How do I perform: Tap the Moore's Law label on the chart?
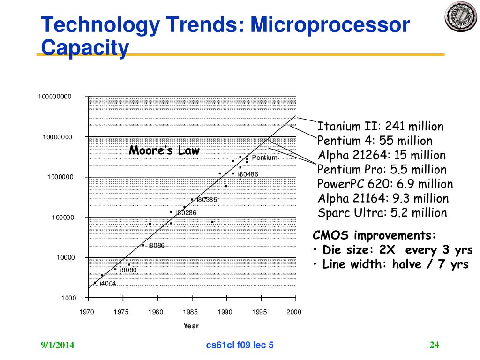pos(164,150)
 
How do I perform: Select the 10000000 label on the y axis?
pos(58,137)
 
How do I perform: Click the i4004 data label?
pos(107,283)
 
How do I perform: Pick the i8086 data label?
pos(156,246)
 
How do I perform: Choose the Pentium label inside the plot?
pos(264,157)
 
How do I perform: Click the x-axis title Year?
pos(191,326)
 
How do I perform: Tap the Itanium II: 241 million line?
pos(380,127)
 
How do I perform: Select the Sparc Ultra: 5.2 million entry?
pos(382,213)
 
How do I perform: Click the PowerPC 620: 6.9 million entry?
pos(385,184)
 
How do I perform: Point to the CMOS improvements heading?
pos(374,235)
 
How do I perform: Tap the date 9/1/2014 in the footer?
pos(57,346)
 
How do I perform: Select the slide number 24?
pos(434,345)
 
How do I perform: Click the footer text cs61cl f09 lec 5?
pos(240,346)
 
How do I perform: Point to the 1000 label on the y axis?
pos(68,298)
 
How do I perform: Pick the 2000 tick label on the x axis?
pos(294,312)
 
